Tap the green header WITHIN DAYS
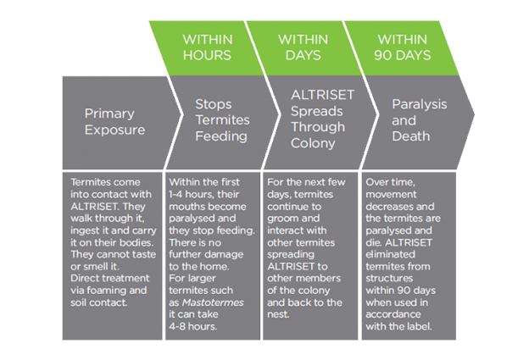[303, 47]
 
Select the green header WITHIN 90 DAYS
[403, 47]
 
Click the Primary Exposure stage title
[114, 121]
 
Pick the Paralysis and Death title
[411, 121]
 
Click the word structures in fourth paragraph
[389, 264]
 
